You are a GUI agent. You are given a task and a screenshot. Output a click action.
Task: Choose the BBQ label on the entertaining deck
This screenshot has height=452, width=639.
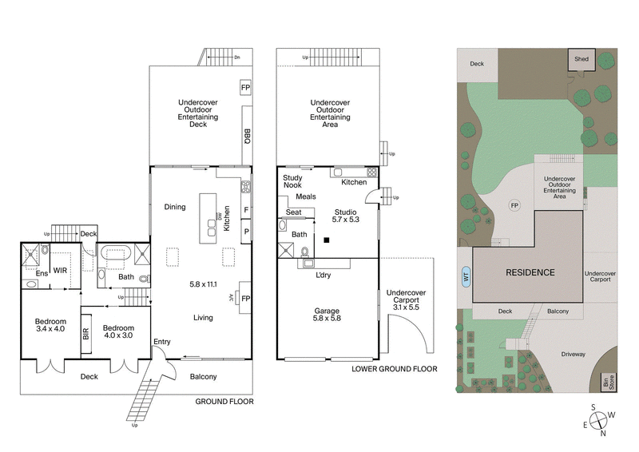247,136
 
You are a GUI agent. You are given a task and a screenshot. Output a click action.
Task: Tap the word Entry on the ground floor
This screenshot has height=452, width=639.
162,343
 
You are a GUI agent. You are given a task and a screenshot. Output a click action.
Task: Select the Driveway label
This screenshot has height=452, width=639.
573,354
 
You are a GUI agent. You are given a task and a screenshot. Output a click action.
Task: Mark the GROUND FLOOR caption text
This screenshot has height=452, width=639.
224,402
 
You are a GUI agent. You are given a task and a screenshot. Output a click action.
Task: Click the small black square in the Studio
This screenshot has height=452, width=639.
327,240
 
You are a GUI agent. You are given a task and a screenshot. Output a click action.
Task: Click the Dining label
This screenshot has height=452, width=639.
174,207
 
